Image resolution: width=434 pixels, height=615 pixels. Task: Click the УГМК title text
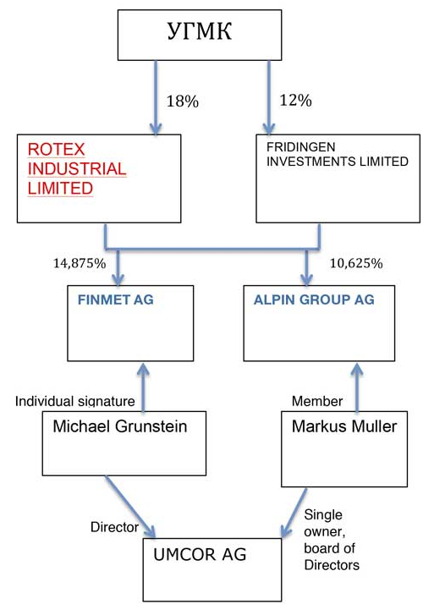(x=200, y=31)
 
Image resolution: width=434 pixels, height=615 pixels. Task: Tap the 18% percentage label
(x=183, y=102)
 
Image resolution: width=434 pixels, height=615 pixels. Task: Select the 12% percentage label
(x=295, y=101)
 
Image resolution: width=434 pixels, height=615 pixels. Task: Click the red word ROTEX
(x=56, y=149)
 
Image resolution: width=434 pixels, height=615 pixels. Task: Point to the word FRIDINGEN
(x=300, y=147)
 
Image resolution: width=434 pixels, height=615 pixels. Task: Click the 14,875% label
(x=80, y=263)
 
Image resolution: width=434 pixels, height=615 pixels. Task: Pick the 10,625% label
(x=356, y=263)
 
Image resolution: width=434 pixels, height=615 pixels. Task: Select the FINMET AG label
(x=115, y=299)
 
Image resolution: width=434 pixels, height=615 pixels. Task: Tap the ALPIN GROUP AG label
(x=314, y=299)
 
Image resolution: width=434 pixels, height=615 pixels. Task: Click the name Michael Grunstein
(x=119, y=426)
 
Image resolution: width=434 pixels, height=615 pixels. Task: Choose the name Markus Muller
(x=344, y=426)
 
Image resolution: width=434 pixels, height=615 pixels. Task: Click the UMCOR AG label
(x=200, y=555)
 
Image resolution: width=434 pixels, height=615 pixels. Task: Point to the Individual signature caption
(x=75, y=401)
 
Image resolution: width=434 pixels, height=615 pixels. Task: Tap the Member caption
(x=317, y=401)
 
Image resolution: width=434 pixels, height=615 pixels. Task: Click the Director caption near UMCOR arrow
(x=114, y=527)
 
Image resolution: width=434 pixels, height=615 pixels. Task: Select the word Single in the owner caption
(x=323, y=514)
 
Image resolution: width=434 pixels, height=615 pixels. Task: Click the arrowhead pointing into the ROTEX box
(x=156, y=129)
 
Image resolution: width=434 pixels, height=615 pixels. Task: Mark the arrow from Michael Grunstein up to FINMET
(x=143, y=387)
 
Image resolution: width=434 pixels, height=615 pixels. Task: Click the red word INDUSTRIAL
(x=77, y=168)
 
